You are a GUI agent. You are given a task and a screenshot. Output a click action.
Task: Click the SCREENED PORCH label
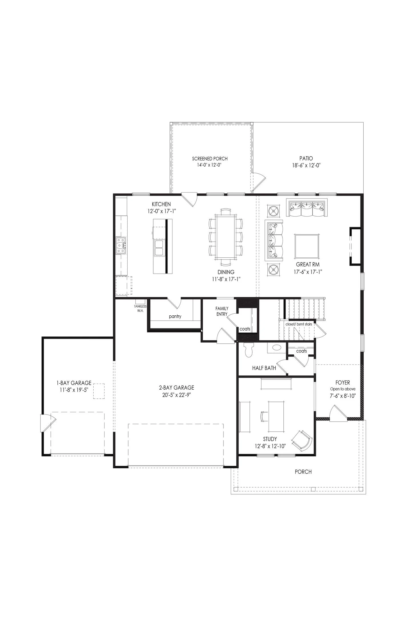pos(209,159)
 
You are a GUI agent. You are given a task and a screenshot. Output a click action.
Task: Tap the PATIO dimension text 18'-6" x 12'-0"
pos(306,165)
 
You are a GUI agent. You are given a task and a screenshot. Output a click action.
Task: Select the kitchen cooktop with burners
pos(121,245)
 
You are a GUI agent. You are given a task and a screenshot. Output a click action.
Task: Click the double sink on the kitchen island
pos(159,248)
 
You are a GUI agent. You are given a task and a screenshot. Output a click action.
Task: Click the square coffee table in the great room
pos(307,246)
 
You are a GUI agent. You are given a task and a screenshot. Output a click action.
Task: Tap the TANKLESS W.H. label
pos(140,308)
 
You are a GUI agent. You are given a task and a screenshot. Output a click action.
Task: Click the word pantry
pos(175,316)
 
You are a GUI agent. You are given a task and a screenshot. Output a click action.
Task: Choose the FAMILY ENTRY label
pos(222,311)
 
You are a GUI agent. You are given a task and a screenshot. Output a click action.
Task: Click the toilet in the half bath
pos(249,350)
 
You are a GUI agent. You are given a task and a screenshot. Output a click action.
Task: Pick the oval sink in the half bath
pos(276,348)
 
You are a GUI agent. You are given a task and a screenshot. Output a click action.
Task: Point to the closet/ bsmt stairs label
pos(299,324)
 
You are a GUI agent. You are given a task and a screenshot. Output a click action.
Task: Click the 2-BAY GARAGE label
pos(176,388)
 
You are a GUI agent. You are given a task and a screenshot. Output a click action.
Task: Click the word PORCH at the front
pos(303,472)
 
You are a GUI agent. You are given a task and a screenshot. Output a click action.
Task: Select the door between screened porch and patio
pos(259,182)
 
